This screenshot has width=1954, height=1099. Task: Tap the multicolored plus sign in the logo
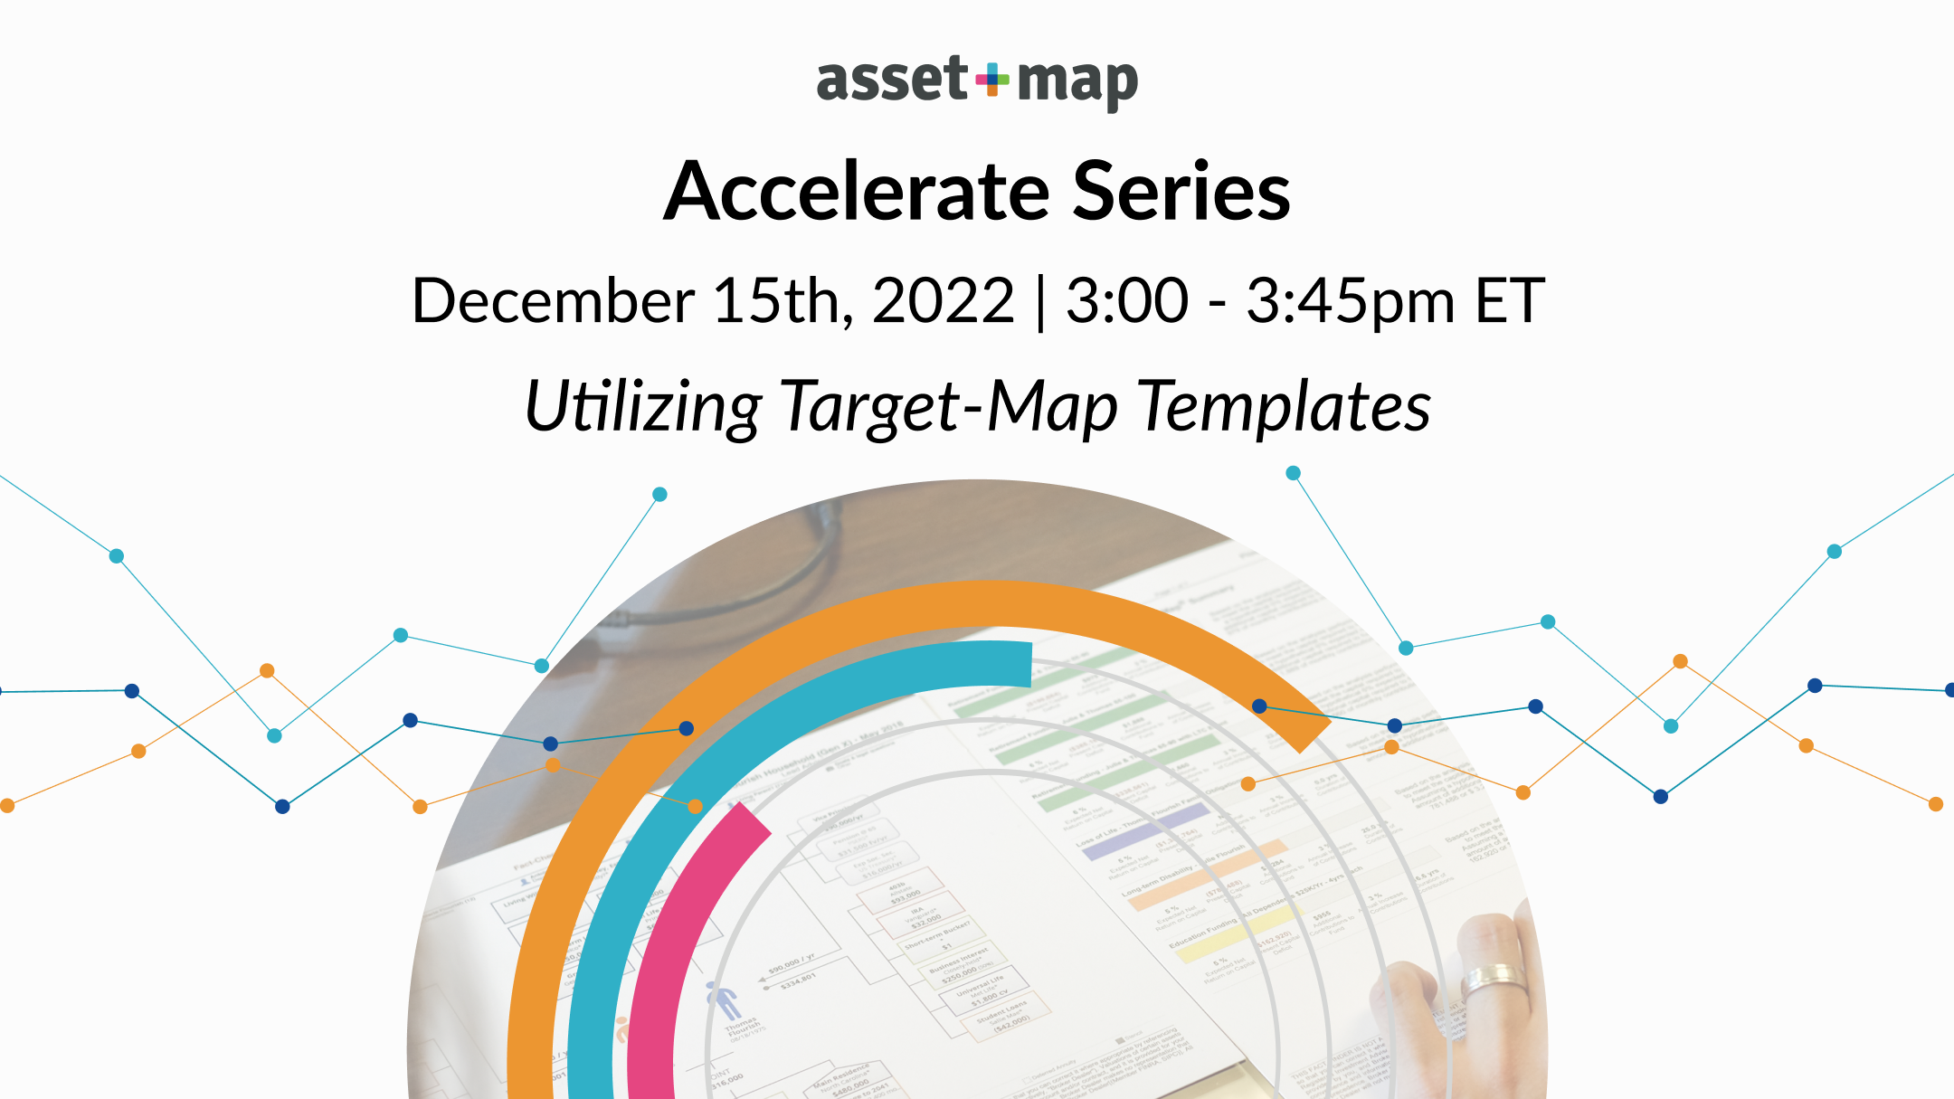click(x=992, y=80)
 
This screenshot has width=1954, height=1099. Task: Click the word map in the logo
click(x=1077, y=83)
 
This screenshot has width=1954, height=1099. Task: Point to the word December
click(x=553, y=300)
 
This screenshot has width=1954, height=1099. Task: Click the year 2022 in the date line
click(x=943, y=300)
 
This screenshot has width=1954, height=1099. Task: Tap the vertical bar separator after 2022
click(x=1040, y=302)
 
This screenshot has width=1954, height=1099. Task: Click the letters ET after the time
click(x=1509, y=300)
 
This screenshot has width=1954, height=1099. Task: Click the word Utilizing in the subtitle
click(x=643, y=407)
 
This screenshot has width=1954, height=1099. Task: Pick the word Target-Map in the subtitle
click(x=949, y=407)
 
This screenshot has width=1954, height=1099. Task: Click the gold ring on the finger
click(x=1494, y=977)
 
